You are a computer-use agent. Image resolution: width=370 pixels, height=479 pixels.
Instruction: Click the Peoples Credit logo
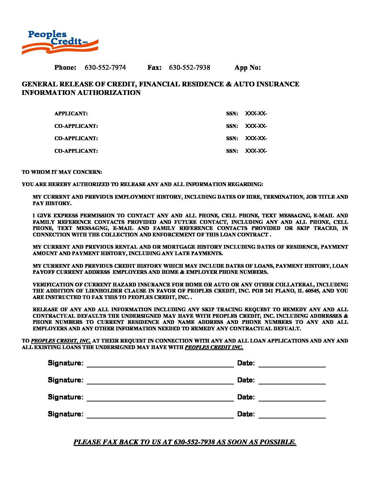click(60, 42)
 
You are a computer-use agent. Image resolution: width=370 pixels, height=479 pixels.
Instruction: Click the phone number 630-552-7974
click(105, 67)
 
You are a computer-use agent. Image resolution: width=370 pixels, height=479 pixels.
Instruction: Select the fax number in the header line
click(189, 67)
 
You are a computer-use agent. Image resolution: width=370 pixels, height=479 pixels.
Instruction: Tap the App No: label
click(247, 67)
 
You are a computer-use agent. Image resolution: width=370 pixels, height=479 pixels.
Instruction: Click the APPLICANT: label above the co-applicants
click(71, 114)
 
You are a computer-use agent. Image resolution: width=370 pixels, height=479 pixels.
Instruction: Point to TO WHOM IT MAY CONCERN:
click(62, 172)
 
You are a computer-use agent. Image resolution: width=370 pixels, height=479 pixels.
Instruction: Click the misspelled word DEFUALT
click(288, 329)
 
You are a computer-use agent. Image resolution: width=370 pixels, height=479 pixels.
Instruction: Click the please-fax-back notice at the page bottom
click(185, 442)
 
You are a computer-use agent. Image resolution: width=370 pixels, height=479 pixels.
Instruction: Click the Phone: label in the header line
click(65, 67)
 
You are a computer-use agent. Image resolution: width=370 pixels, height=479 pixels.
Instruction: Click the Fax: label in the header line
click(154, 67)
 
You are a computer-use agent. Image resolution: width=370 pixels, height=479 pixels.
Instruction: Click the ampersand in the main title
click(228, 84)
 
